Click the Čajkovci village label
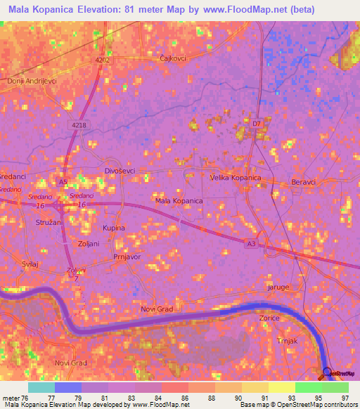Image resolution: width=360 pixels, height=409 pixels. click(x=172, y=58)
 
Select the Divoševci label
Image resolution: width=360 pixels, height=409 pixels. click(x=119, y=171)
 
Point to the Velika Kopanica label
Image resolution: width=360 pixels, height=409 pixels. click(x=236, y=178)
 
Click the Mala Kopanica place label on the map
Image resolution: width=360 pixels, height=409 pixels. click(x=179, y=201)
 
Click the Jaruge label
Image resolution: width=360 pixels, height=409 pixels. click(x=278, y=287)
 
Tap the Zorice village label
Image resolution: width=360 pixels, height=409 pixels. click(x=269, y=318)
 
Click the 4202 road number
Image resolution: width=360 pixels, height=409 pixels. click(x=103, y=60)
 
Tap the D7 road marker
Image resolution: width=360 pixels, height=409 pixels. click(x=257, y=124)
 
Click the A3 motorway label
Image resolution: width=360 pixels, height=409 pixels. click(x=251, y=243)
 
